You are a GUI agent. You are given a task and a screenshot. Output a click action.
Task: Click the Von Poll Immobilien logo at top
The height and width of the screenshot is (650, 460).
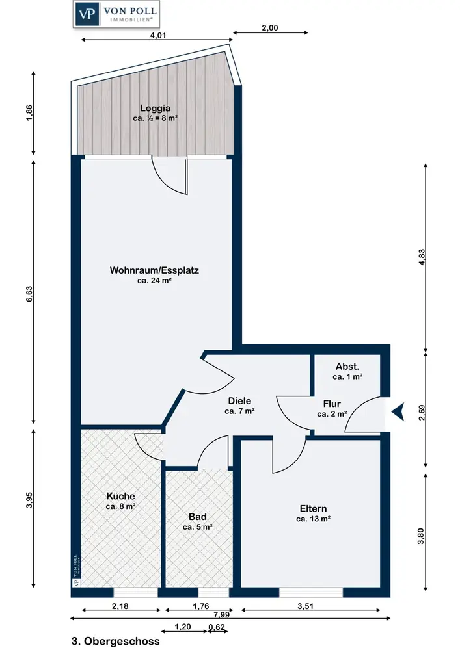(116, 14)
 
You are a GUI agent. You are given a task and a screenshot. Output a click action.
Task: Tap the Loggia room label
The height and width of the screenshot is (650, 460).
(155, 108)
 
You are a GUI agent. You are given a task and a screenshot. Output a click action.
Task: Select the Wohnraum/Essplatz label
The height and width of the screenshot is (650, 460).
(154, 270)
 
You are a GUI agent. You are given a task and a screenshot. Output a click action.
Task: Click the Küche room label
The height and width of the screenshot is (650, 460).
(121, 496)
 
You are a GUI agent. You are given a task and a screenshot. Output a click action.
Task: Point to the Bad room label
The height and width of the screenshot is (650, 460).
(197, 517)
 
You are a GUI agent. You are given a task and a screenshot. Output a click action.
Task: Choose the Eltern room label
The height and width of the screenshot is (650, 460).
(313, 509)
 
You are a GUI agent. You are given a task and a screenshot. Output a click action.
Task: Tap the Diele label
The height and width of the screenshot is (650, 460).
(239, 401)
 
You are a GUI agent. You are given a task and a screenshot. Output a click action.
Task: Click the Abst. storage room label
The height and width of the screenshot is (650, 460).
(347, 367)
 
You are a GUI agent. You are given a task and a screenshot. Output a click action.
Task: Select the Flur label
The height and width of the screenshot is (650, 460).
(332, 404)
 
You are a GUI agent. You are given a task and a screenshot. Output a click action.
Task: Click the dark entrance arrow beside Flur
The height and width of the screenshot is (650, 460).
(398, 411)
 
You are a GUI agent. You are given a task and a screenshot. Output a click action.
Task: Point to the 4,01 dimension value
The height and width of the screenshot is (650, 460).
(157, 35)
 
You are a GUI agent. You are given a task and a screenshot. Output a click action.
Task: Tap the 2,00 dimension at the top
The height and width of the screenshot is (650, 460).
(270, 28)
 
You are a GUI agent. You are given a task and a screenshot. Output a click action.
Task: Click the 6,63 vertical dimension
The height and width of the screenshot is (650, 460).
(29, 294)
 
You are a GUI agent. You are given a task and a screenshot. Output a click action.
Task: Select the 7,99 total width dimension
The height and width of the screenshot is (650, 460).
(221, 614)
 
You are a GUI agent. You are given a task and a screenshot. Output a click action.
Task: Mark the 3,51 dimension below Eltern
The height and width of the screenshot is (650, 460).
(305, 606)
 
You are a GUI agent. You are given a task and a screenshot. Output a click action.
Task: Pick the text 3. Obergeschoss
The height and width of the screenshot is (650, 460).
(116, 642)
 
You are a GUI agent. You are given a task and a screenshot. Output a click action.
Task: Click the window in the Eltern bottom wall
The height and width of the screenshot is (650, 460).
(311, 593)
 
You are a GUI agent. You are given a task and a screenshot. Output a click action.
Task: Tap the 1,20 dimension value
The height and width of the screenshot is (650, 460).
(183, 627)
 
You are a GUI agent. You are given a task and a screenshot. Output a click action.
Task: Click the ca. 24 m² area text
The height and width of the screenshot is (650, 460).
(154, 281)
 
